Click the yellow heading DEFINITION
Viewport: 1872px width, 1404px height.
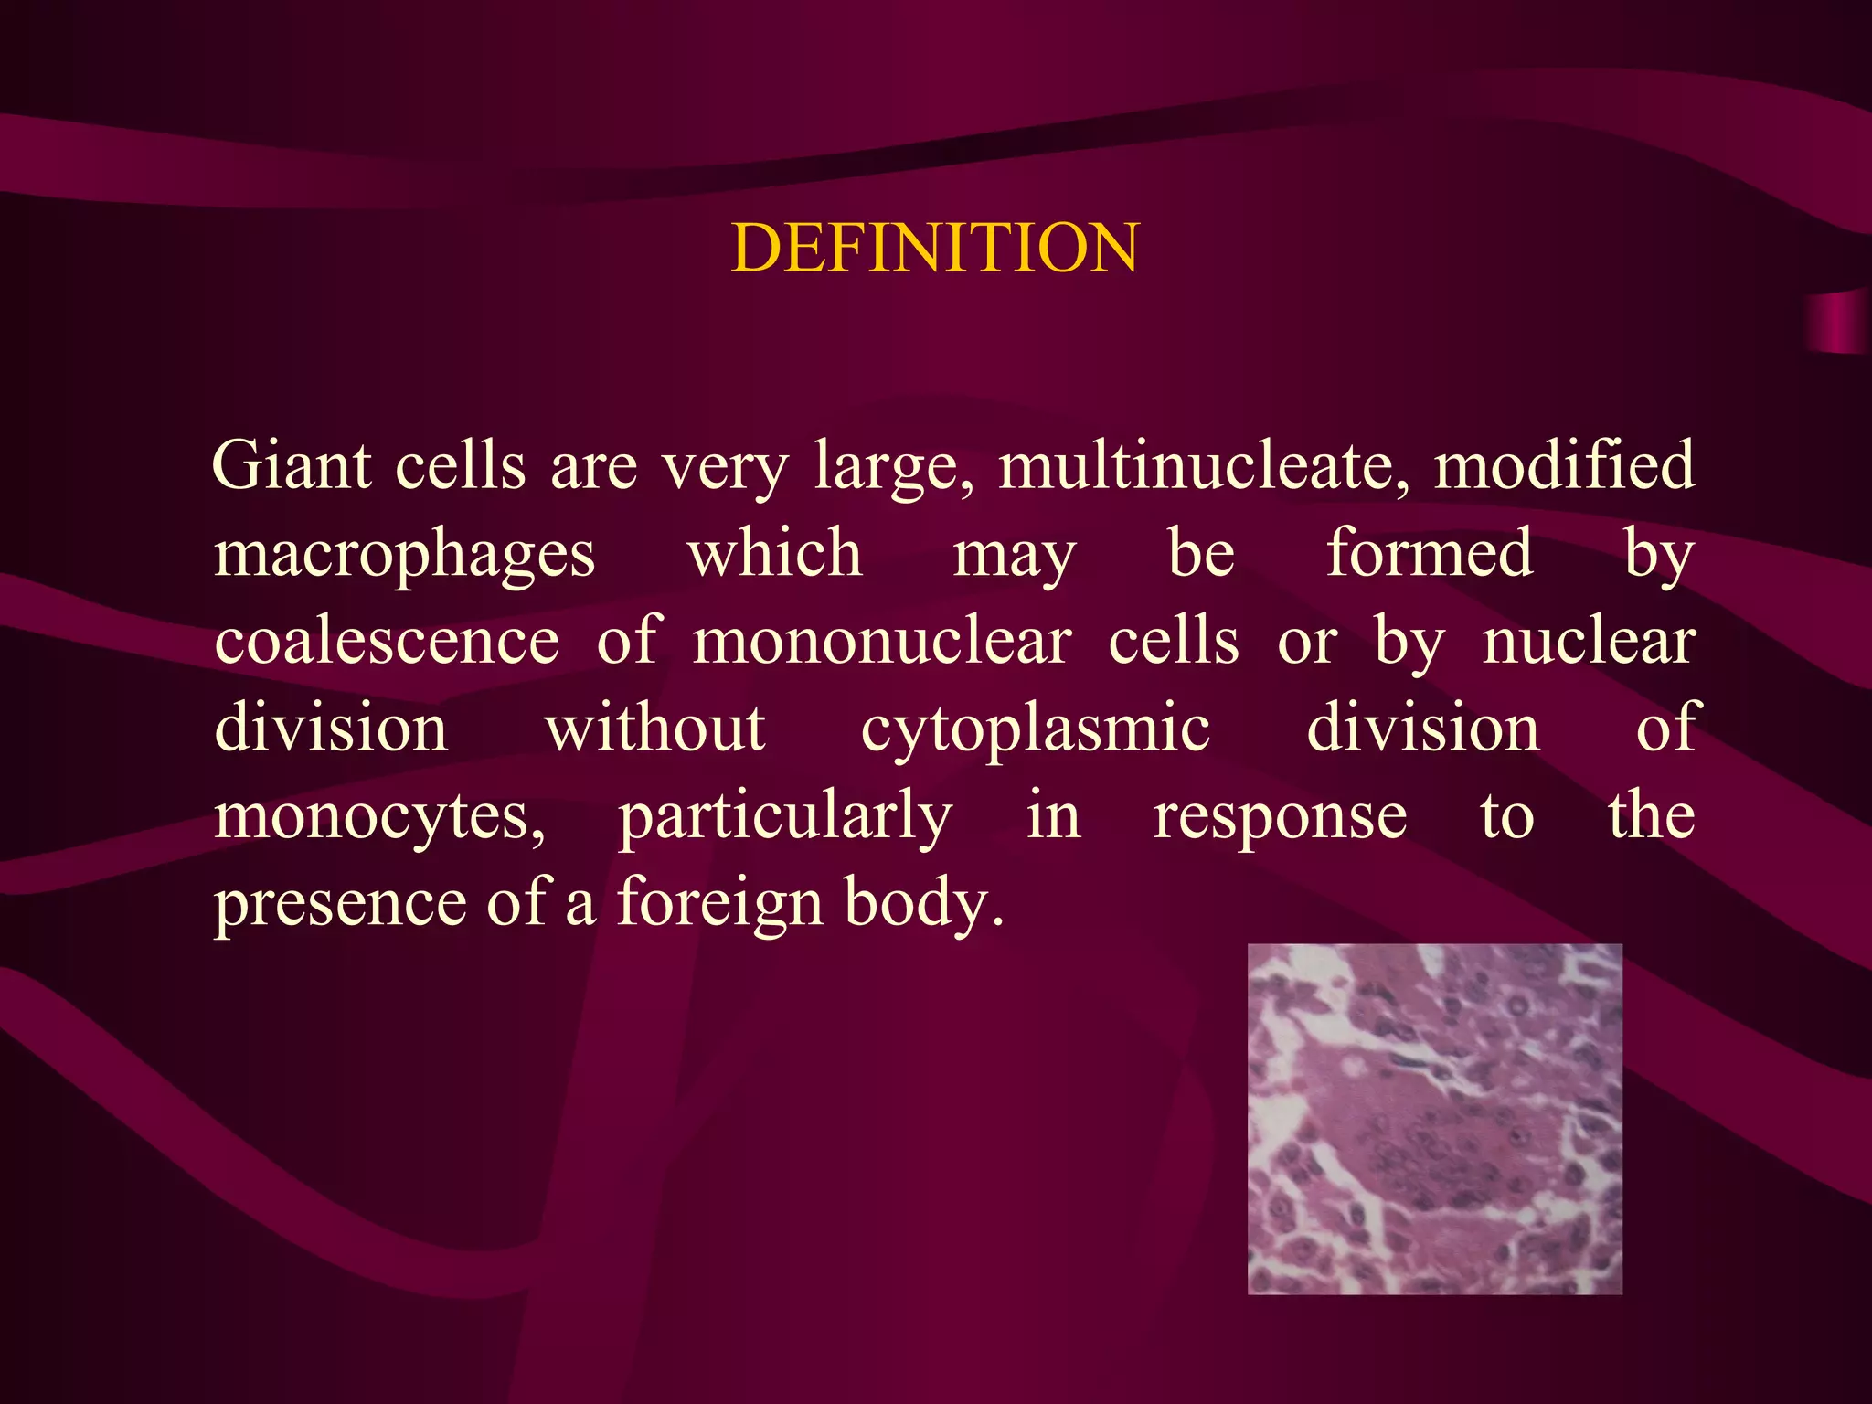tap(935, 248)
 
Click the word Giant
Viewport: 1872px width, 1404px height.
tap(292, 465)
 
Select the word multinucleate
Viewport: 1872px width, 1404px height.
tap(1203, 465)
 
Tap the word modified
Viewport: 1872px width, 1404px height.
tap(1564, 465)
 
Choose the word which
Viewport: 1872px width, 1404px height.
tap(775, 553)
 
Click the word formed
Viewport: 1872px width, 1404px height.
tap(1430, 553)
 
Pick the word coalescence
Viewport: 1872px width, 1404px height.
tap(387, 641)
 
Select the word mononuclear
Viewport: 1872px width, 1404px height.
tap(882, 641)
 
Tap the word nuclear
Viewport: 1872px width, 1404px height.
tap(1589, 641)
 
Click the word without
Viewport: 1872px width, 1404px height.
tap(655, 729)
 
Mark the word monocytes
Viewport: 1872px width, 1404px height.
tap(379, 816)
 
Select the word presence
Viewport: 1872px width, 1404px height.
tap(337, 904)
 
